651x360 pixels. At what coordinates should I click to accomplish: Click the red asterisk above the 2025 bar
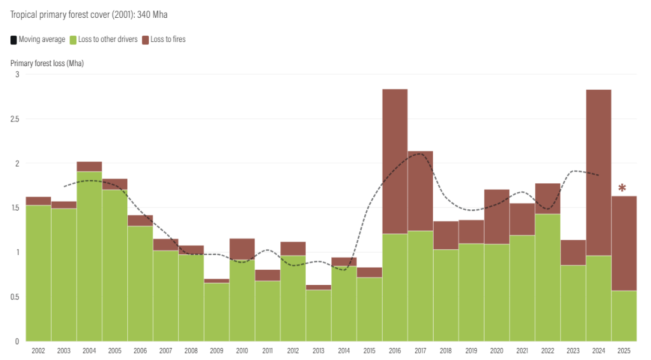[622, 188]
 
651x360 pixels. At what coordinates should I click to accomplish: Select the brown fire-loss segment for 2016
[395, 162]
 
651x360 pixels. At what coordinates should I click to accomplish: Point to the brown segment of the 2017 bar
[420, 191]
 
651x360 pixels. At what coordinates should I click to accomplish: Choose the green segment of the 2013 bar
[319, 315]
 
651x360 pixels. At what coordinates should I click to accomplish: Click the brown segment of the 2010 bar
[242, 249]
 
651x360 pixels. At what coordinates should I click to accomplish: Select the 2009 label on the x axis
[216, 350]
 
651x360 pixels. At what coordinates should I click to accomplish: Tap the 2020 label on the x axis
[497, 350]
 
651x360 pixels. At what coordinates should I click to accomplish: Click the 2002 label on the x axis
[38, 350]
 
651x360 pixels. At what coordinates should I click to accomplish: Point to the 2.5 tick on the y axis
[15, 119]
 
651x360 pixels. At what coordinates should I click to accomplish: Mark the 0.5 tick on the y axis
[15, 297]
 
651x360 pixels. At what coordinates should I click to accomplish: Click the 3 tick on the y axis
[17, 74]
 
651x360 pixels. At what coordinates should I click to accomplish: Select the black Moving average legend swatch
[14, 40]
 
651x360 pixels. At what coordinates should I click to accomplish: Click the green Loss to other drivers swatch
[74, 40]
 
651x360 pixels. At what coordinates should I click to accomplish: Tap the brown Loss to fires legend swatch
[146, 40]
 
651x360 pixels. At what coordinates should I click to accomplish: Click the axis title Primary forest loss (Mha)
[47, 63]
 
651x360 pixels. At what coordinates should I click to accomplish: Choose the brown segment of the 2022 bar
[547, 198]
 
